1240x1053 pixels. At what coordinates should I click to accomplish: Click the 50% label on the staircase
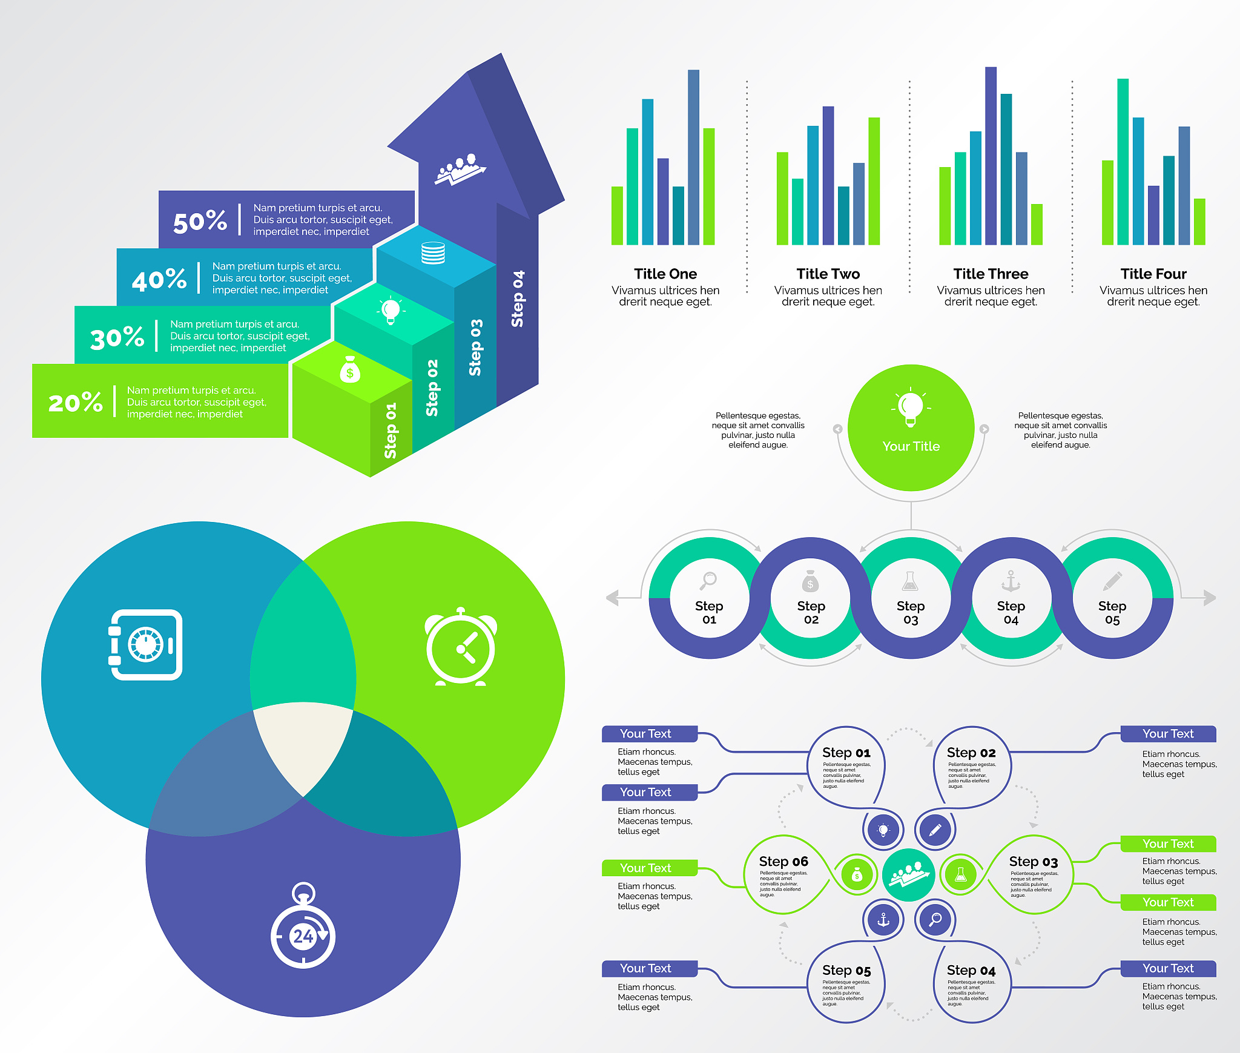(200, 222)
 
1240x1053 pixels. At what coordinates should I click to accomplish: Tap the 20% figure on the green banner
(75, 403)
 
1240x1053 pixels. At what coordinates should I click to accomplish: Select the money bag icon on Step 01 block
(350, 370)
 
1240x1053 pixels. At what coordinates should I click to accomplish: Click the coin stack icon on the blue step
(433, 253)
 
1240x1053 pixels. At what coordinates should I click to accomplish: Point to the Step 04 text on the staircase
(518, 299)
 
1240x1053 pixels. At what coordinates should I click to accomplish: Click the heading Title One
(665, 274)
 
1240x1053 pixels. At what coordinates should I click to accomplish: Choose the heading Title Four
(1153, 274)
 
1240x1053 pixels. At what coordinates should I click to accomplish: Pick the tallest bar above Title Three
(991, 156)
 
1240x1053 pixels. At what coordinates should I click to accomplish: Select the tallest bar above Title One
(693, 157)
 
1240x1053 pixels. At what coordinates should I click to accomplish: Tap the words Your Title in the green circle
(911, 446)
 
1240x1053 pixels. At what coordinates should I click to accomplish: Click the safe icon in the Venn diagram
(146, 645)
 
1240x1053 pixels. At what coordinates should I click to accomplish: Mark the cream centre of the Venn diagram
(303, 745)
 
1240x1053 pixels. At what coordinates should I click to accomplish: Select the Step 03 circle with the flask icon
(911, 598)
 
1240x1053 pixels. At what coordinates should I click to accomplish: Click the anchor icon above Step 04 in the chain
(1011, 581)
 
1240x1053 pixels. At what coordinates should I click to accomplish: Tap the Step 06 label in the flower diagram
(783, 861)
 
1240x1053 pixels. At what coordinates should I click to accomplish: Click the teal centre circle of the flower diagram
(908, 875)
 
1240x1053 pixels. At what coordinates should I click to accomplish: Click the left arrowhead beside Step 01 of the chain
(612, 598)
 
